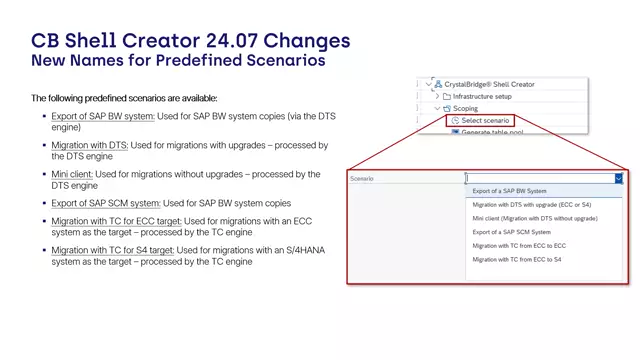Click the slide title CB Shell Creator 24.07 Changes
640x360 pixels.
pyautogui.click(x=190, y=40)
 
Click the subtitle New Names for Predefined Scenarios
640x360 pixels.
pyautogui.click(x=178, y=61)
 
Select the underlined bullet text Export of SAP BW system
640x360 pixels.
pyautogui.click(x=103, y=117)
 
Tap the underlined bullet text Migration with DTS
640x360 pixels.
pyautogui.click(x=90, y=146)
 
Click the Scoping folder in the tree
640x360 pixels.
pyautogui.click(x=467, y=108)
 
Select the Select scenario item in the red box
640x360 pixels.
pyautogui.click(x=485, y=121)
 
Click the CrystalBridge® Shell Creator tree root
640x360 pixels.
pyautogui.click(x=491, y=85)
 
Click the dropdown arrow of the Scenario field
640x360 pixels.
pyautogui.click(x=618, y=178)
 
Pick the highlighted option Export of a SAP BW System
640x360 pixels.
pyautogui.click(x=510, y=191)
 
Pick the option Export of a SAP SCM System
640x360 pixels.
pyautogui.click(x=511, y=232)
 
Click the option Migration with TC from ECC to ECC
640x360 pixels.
pyautogui.click(x=519, y=246)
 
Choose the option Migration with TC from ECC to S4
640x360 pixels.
pyautogui.click(x=517, y=260)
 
